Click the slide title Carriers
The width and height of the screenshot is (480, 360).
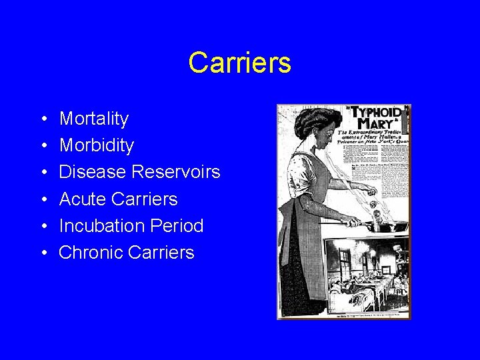tap(239, 63)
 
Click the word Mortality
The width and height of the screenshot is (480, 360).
tap(93, 119)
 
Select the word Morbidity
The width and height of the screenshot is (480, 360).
tap(96, 145)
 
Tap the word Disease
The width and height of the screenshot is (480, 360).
tap(93, 172)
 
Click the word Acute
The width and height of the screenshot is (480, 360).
tap(81, 199)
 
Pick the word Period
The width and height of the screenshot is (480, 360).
tap(178, 226)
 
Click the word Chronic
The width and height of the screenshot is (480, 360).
tap(88, 253)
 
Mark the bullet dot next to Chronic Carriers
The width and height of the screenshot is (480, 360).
tap(43, 253)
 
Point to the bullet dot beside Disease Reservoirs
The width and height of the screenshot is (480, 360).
tap(43, 173)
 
